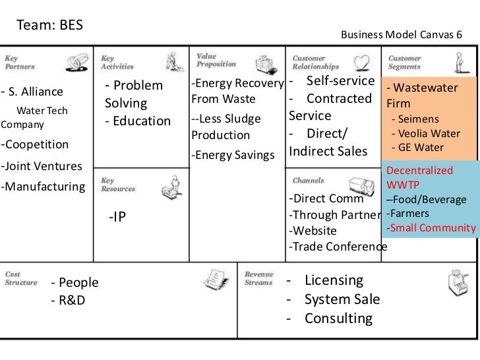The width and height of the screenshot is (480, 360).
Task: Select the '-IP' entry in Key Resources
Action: coord(117,217)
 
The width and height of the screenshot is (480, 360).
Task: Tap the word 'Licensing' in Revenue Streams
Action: coord(334,280)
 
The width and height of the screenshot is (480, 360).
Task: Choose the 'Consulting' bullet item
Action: coord(338,318)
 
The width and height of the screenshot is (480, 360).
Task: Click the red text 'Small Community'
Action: coord(433,228)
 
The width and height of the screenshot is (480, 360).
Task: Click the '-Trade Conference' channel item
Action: coord(338,247)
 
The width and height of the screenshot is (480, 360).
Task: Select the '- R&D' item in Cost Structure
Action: coord(68,301)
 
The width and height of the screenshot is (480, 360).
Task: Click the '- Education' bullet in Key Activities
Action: coord(137,122)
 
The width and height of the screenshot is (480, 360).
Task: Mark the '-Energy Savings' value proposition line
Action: coord(232,155)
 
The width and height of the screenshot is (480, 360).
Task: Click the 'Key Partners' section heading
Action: coord(21,63)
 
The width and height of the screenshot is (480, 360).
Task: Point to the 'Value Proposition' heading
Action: coord(216,60)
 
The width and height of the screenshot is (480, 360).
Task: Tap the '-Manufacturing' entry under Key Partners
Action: coord(43,187)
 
